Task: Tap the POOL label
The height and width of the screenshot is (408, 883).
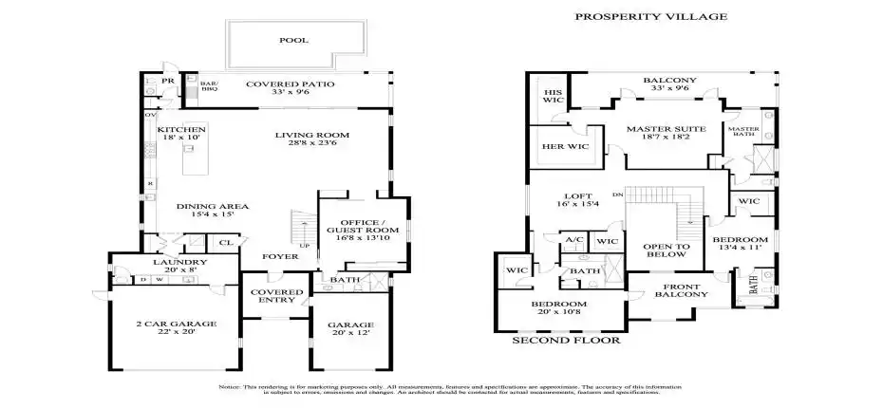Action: click(293, 41)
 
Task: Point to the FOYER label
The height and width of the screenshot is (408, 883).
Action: click(280, 256)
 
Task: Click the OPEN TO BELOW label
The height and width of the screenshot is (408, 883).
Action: click(666, 249)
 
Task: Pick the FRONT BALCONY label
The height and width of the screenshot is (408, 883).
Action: click(681, 290)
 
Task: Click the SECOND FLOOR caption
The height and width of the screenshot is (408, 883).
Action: click(566, 340)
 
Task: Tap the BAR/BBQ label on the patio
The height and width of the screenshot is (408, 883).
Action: click(209, 86)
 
